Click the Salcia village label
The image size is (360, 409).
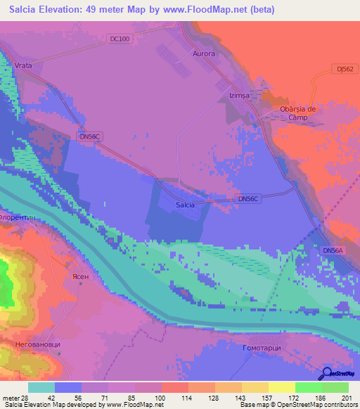click(x=185, y=204)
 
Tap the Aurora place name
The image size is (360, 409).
click(x=203, y=53)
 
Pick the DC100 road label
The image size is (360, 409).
click(x=120, y=39)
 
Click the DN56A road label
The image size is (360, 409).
click(x=333, y=250)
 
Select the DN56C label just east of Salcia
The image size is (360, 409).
click(x=249, y=200)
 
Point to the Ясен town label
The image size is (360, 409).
click(x=80, y=277)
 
